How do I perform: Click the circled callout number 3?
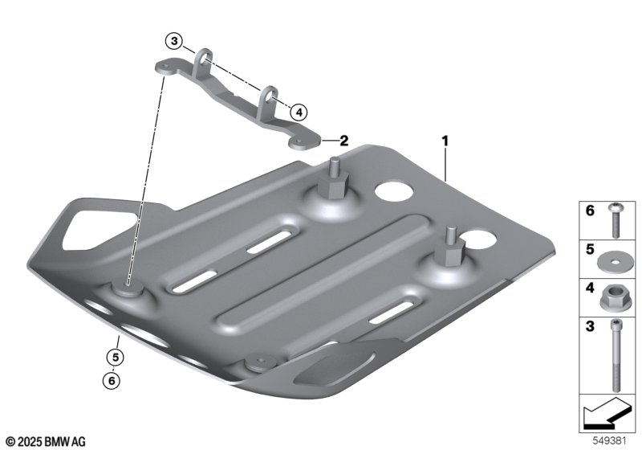[174, 41]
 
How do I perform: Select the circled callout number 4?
[299, 112]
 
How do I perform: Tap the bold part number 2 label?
[343, 141]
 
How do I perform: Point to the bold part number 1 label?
[445, 141]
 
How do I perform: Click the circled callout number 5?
[116, 358]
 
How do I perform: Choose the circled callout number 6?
[112, 381]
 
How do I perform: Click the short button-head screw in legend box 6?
[615, 220]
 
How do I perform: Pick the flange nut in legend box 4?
[612, 297]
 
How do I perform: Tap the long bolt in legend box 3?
[616, 356]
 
